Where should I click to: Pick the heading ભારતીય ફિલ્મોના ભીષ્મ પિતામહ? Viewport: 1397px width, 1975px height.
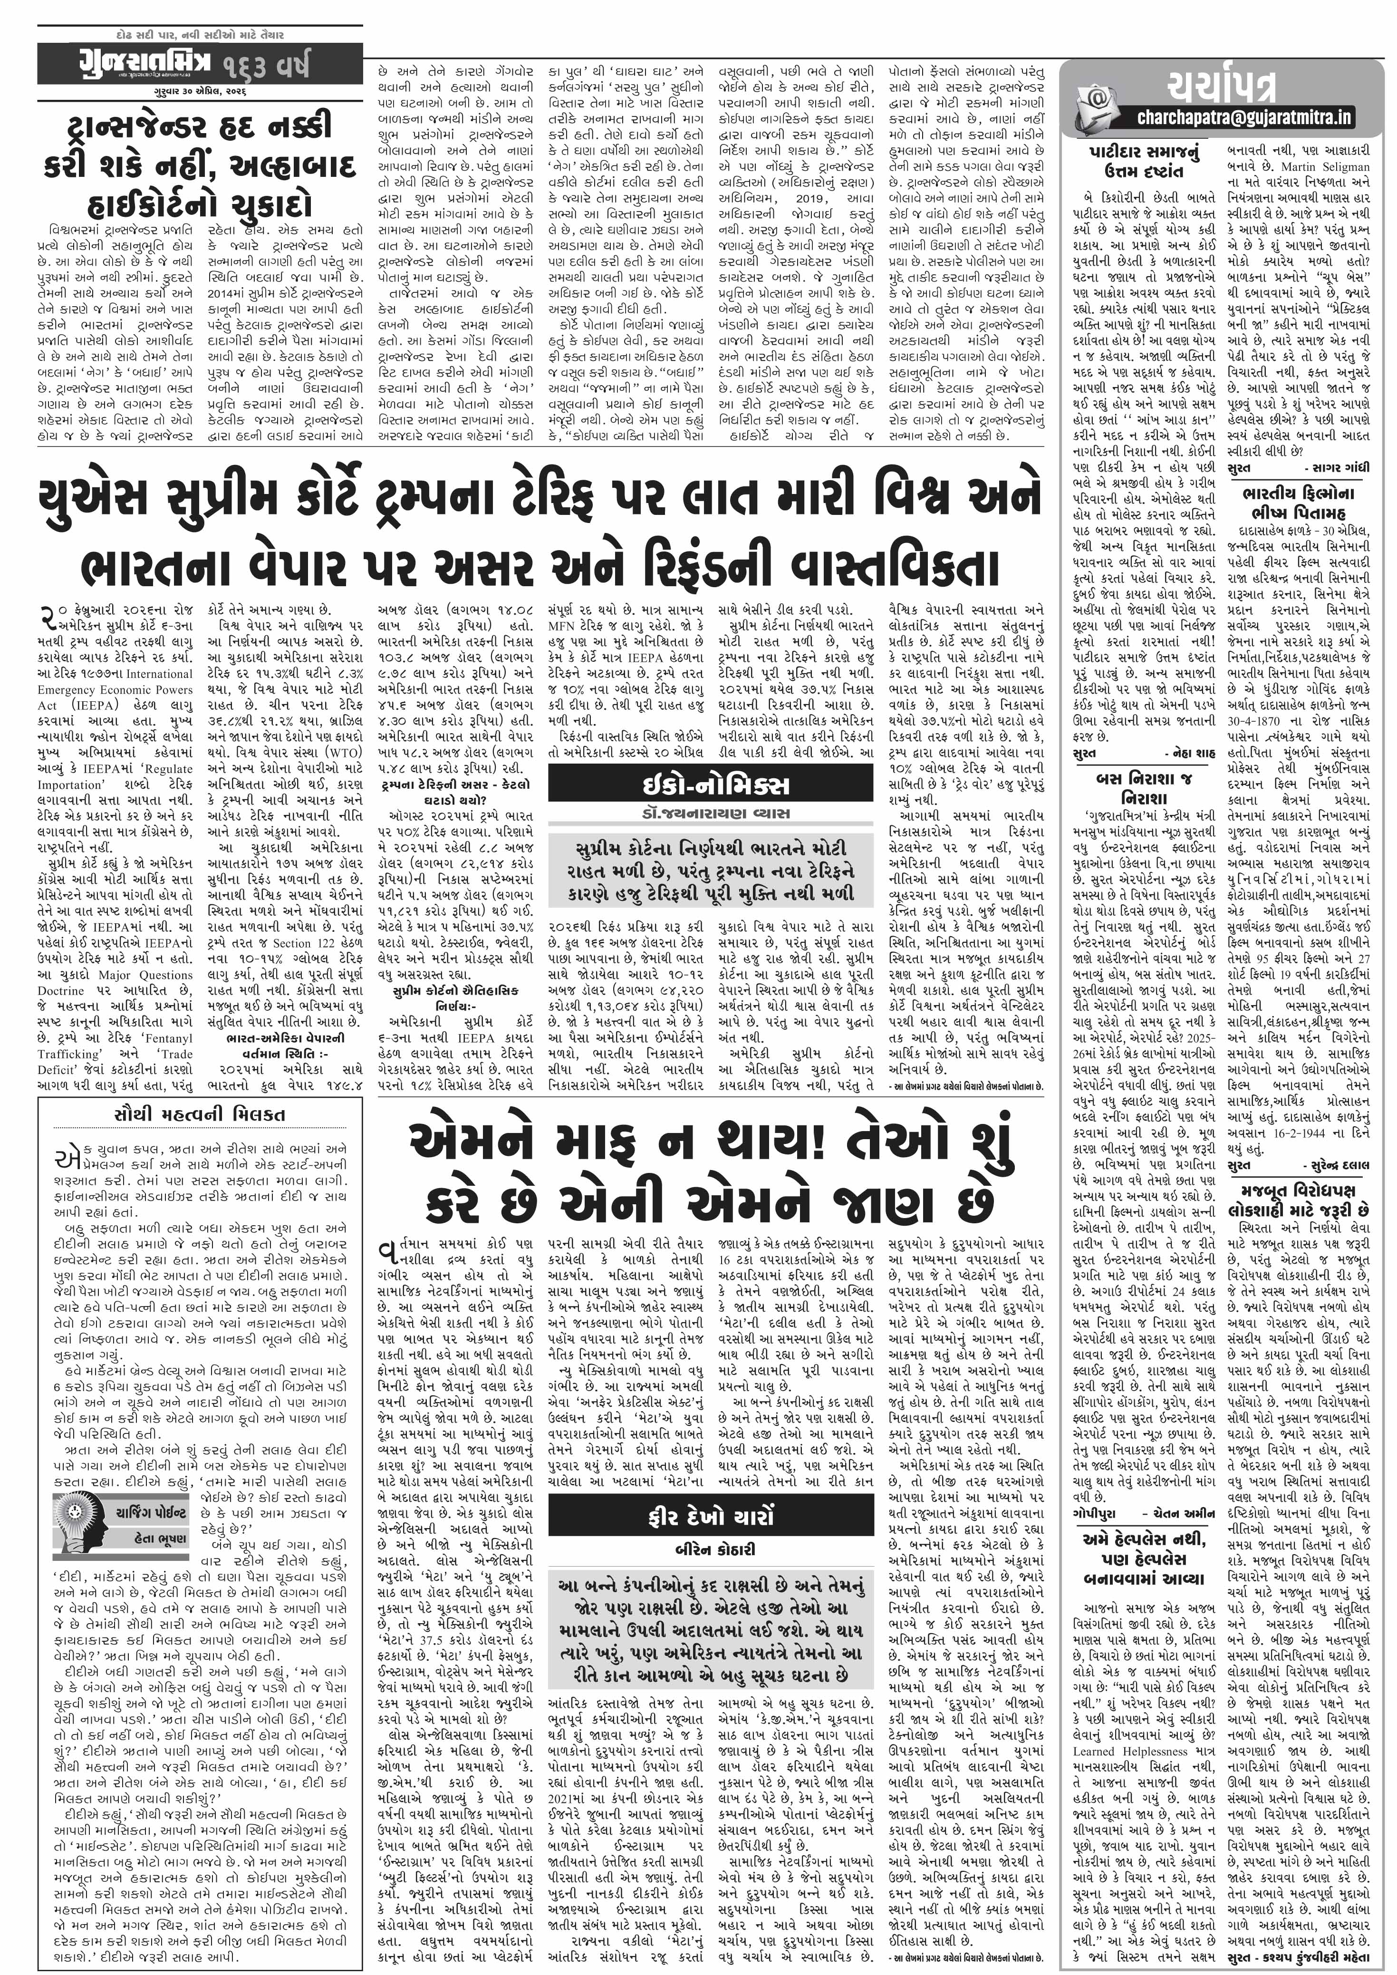click(1303, 503)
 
